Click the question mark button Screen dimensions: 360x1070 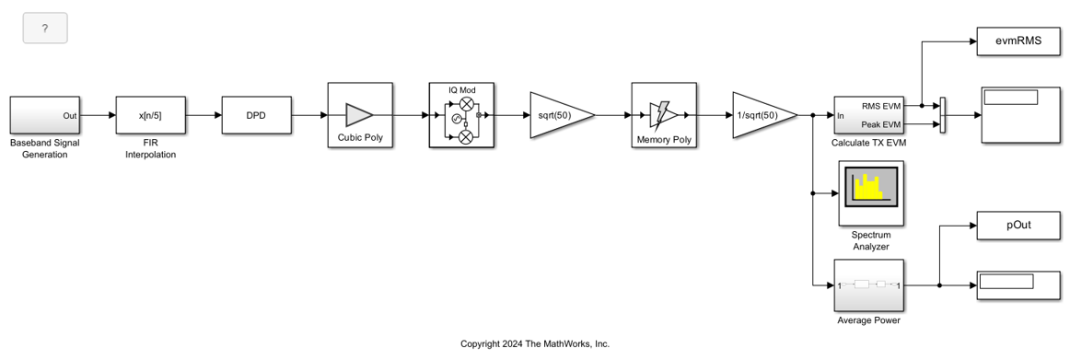45,29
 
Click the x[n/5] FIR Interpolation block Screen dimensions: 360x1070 150,115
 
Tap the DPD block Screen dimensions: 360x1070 257,115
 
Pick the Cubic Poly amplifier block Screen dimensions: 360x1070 360,115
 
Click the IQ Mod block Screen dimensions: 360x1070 461,115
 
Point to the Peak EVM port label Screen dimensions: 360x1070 881,124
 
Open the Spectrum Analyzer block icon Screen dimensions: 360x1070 870,192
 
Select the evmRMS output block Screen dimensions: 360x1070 1018,41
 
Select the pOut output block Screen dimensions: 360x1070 1018,225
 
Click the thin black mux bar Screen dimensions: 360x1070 943,115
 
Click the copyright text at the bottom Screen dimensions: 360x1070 535,343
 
